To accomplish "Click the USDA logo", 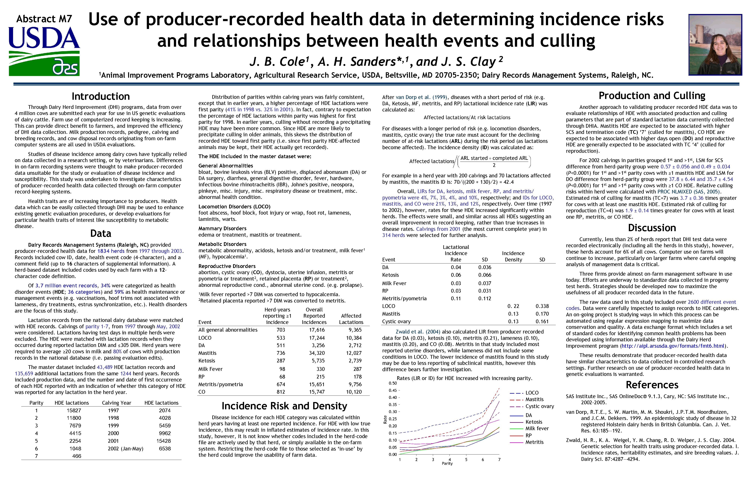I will pos(44,50).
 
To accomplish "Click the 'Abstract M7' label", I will pos(44,19).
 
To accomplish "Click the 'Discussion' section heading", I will pos(652,228).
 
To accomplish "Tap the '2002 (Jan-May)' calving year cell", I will pos(125,449).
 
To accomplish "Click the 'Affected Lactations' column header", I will pos(351,319).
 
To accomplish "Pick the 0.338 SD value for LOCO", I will pos(542,306).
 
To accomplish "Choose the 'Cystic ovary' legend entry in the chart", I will pos(539,406).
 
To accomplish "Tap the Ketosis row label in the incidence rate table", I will pos(390,275).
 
